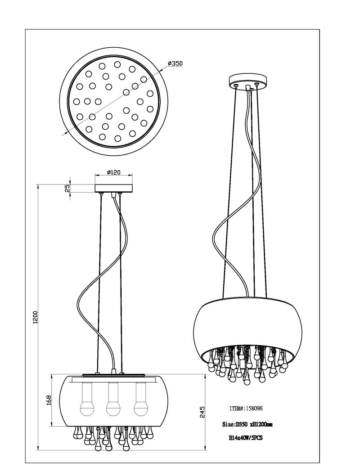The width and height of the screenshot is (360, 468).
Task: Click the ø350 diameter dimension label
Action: point(175,63)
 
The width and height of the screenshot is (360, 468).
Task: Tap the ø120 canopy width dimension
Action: point(113,172)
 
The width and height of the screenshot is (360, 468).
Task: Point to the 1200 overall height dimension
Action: point(36,317)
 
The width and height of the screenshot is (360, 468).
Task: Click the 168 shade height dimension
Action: point(49,400)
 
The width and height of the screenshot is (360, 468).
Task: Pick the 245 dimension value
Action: point(202,412)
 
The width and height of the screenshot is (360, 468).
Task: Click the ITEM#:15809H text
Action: point(246,408)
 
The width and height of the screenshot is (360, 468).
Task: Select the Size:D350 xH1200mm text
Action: point(247,424)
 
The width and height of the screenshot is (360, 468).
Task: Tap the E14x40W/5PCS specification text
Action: point(246,438)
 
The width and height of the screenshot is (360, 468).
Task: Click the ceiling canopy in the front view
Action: point(113,188)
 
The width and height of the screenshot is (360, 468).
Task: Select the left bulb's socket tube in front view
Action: point(86,392)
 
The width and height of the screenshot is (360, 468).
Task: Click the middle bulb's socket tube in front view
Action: point(113,392)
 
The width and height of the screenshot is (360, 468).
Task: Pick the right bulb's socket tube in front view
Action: point(140,392)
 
